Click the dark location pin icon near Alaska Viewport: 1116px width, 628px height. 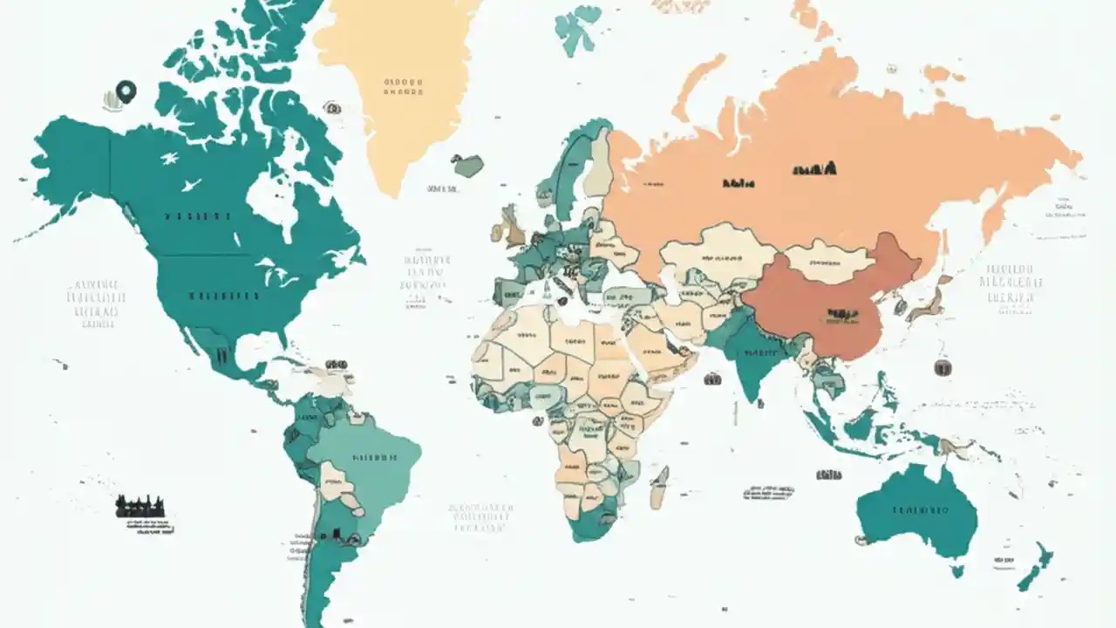point(126,90)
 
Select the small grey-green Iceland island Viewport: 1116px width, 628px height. point(468,165)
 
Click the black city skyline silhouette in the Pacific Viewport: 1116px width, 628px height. point(140,506)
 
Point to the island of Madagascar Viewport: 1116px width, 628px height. point(660,487)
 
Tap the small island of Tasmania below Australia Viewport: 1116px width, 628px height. point(957,571)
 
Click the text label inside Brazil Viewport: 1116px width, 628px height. point(374,457)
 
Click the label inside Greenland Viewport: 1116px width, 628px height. point(403,86)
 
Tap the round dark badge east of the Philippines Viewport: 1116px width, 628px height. point(942,368)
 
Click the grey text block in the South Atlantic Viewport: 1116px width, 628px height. point(480,517)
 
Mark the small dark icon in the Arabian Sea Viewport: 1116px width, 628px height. point(712,379)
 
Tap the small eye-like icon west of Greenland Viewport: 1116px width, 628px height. point(332,107)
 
